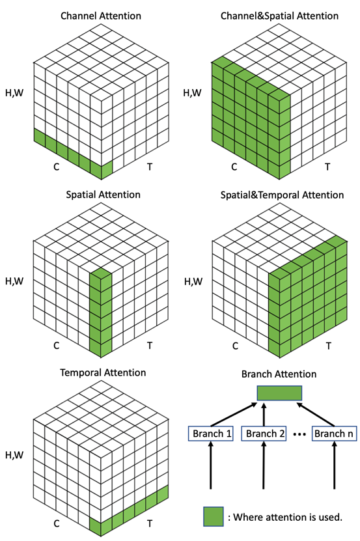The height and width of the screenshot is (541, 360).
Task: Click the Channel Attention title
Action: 101,16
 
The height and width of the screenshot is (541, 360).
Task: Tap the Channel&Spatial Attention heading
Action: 279,16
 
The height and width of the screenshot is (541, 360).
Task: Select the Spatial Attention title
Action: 104,195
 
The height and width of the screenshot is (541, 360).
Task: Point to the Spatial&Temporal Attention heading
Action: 282,195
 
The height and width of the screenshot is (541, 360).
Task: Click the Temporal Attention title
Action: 103,372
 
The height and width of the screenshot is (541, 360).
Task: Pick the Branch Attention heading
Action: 279,374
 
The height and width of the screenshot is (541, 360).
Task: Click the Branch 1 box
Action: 211,434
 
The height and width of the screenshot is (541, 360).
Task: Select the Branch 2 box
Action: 264,434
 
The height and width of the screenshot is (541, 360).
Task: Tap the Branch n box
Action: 334,434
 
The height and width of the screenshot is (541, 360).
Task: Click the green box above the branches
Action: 279,393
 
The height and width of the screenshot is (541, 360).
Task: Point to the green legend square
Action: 214,516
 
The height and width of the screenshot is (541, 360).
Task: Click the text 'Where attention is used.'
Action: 288,517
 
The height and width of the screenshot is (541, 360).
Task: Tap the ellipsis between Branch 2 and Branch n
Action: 299,434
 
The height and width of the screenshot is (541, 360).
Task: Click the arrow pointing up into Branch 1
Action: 211,465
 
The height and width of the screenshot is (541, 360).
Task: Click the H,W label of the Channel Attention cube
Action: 14,93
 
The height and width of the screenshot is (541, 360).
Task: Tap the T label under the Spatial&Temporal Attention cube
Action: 329,346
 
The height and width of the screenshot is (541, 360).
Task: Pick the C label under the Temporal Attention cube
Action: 57,523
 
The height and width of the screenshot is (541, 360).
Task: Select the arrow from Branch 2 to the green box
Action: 264,413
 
